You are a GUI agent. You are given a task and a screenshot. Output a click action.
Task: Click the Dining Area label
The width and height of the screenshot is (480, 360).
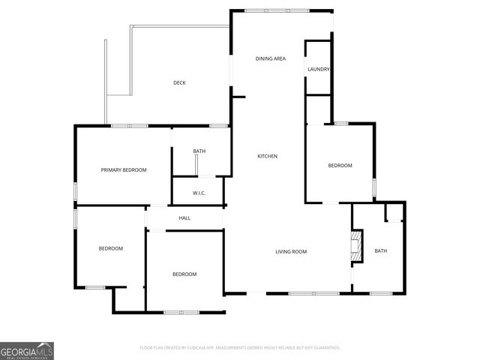click(271, 58)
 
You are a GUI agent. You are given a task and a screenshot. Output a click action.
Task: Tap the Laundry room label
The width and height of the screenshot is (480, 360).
click(319, 70)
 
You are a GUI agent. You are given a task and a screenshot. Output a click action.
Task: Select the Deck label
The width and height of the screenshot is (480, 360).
click(179, 82)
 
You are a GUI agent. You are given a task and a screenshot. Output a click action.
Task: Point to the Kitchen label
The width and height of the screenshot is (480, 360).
click(268, 156)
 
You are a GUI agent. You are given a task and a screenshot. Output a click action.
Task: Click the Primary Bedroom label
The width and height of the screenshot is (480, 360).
click(124, 170)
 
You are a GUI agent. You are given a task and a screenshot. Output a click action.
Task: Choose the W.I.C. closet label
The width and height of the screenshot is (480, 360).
click(199, 193)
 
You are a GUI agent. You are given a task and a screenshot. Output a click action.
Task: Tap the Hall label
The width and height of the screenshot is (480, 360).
click(184, 218)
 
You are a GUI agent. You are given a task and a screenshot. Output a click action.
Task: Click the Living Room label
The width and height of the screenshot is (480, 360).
click(291, 251)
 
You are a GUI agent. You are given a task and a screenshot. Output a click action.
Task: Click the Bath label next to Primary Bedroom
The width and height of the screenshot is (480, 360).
click(199, 151)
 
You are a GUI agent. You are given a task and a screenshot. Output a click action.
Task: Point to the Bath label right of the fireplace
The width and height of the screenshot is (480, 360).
click(381, 251)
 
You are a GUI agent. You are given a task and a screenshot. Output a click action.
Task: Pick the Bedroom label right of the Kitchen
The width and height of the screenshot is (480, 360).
click(340, 165)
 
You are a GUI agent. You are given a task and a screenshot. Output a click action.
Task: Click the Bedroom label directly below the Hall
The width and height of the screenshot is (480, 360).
click(184, 274)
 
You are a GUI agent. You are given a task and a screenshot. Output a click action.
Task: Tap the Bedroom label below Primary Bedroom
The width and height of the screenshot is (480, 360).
click(111, 248)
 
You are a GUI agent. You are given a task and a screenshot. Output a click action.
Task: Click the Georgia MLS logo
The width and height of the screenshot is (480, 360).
click(27, 350)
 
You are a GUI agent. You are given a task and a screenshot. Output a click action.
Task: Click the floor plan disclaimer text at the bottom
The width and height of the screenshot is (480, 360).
click(240, 348)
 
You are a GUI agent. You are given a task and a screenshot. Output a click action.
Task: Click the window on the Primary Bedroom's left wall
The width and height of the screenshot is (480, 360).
click(75, 191)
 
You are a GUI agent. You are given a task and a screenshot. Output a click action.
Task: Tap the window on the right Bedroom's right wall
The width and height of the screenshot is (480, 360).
click(374, 185)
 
